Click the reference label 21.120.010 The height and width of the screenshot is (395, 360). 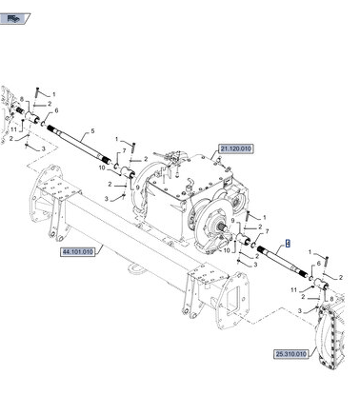(236, 148)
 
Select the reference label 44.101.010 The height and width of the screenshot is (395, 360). (78, 252)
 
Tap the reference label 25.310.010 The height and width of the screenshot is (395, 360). (291, 354)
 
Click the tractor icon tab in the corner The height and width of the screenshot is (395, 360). (14, 18)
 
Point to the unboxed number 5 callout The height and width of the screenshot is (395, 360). (92, 130)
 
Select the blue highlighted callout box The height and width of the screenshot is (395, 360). (288, 244)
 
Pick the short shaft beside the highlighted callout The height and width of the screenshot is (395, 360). (282, 262)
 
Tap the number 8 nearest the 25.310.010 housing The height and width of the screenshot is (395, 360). (331, 299)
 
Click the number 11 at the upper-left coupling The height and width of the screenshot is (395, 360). (13, 129)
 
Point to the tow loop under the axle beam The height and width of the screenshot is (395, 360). (136, 267)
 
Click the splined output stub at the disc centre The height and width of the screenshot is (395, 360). (222, 227)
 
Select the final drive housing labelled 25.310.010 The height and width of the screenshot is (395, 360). (330, 336)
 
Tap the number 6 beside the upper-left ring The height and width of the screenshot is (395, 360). (56, 110)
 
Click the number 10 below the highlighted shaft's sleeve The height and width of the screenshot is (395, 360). (227, 250)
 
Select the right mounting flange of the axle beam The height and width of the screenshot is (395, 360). (234, 301)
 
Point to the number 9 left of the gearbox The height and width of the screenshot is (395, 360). (137, 188)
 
